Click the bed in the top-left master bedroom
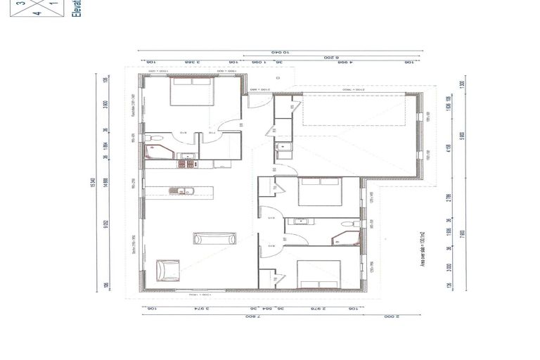(x=191, y=91)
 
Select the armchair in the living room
(x=168, y=269)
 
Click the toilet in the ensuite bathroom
(x=156, y=137)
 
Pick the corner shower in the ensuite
(x=153, y=151)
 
